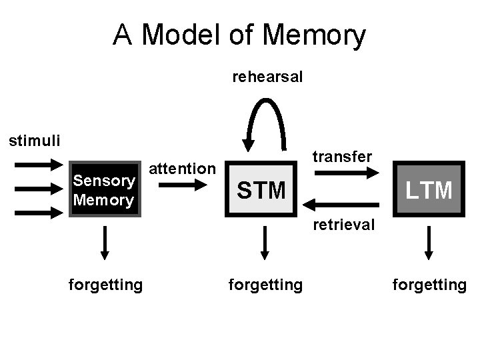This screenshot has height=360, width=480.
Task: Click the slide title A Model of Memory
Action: [239, 35]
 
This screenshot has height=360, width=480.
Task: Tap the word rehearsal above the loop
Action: [267, 77]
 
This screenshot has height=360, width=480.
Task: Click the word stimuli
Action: [34, 141]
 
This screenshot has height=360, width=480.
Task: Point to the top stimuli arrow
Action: [38, 164]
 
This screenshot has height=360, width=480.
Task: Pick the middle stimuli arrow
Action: [38, 189]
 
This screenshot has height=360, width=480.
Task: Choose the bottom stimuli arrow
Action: [38, 213]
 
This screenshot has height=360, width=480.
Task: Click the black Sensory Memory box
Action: [104, 189]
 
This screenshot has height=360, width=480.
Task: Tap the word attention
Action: [182, 169]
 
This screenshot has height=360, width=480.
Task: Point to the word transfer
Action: [342, 156]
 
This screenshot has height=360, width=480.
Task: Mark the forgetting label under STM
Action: [265, 285]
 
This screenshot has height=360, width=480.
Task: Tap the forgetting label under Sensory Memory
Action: [105, 285]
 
